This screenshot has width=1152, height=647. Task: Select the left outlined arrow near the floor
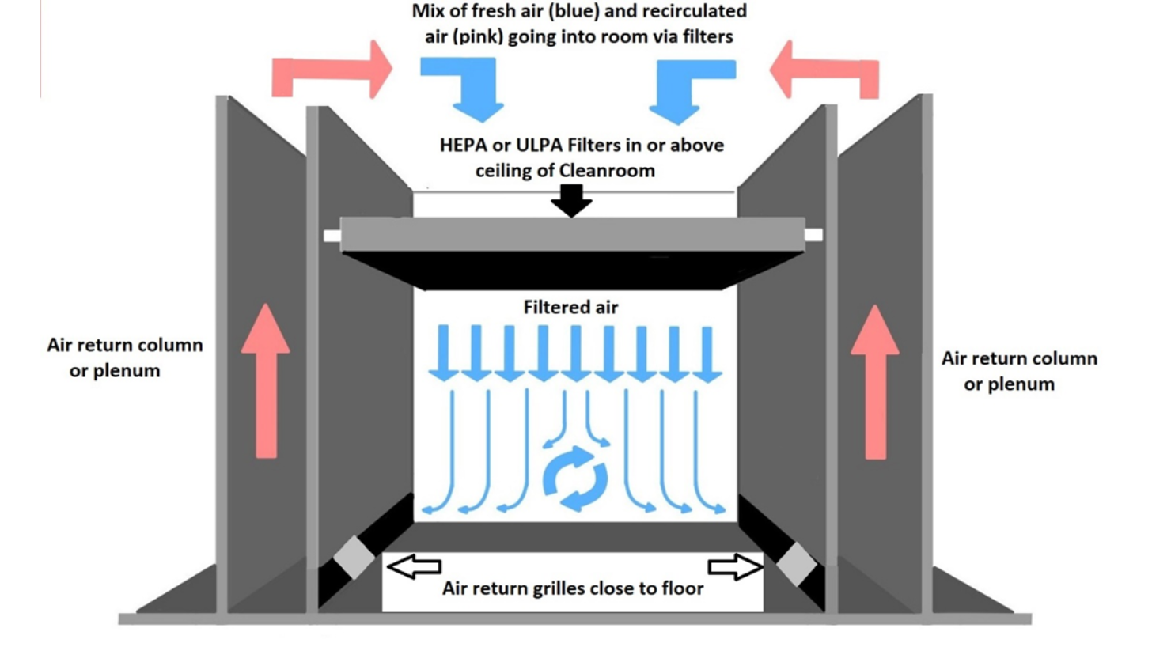click(x=413, y=566)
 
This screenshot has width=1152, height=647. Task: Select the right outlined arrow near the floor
click(x=735, y=566)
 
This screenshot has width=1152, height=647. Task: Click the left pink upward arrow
click(x=266, y=380)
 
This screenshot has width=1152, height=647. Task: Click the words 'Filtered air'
click(x=570, y=308)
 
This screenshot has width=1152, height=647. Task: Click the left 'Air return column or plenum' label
click(x=124, y=358)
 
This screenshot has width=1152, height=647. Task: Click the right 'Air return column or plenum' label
click(x=1019, y=371)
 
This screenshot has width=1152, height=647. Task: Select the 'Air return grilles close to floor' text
click(x=572, y=588)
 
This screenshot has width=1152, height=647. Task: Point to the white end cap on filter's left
click(x=332, y=235)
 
